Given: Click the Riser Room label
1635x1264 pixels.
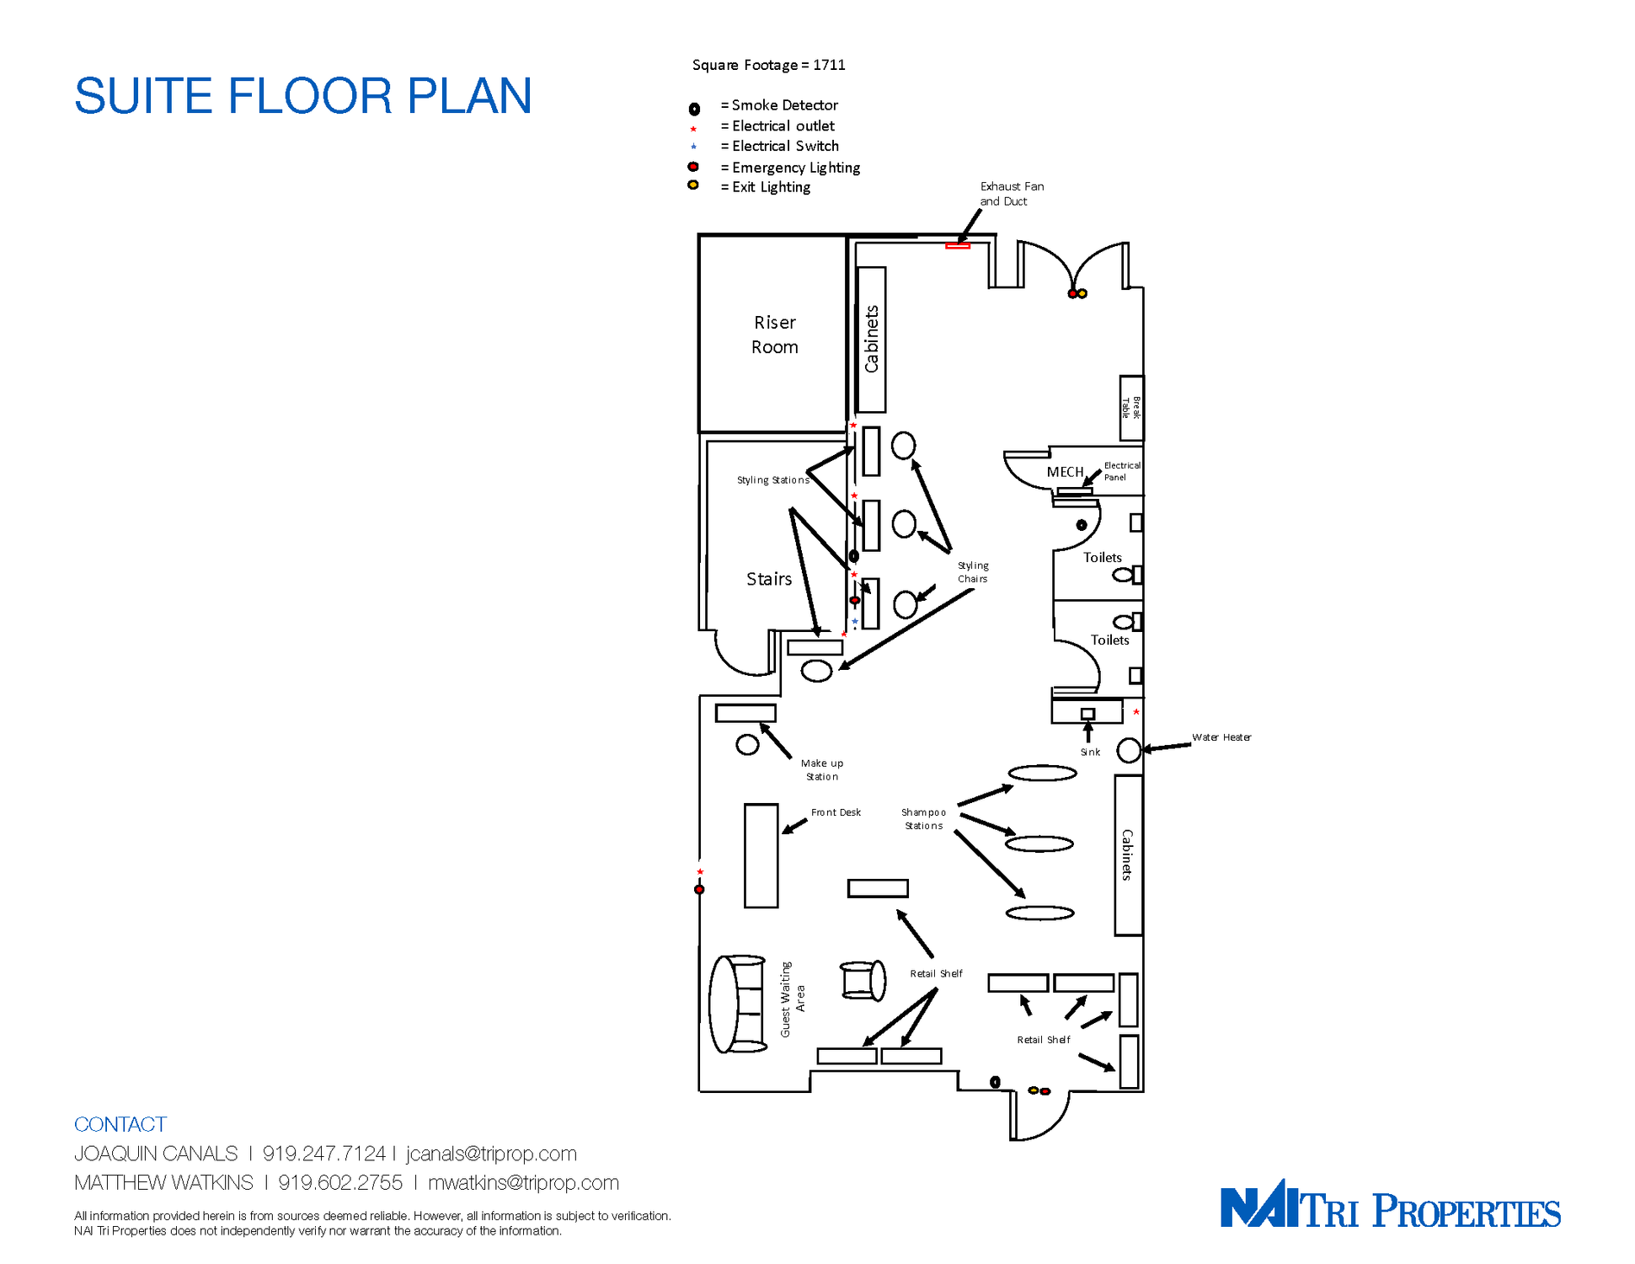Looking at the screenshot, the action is point(774,335).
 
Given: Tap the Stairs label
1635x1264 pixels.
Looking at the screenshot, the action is point(769,579).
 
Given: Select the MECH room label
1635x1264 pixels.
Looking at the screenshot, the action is point(1065,472).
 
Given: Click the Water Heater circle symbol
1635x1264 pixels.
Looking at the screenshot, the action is point(1129,750).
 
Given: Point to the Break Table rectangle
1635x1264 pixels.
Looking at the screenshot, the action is point(1131,408).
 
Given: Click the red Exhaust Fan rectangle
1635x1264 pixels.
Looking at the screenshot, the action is point(958,246).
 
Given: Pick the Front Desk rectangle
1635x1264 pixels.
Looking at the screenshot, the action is point(761,855).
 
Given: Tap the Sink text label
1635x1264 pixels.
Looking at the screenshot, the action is point(1090,753).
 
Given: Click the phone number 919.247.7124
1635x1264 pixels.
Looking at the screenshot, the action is point(323,1154).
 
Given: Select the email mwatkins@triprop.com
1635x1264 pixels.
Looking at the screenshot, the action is point(523,1183).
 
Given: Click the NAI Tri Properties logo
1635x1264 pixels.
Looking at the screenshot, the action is point(1390,1204).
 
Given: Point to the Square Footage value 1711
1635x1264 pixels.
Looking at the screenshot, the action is point(829,65).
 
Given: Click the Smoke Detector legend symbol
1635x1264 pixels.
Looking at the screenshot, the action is point(694,109).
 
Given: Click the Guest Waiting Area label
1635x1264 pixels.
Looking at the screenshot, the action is point(792,999).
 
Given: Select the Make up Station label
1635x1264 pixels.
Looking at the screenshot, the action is point(822,770).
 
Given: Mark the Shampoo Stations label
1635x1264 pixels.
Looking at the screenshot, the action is point(924,819).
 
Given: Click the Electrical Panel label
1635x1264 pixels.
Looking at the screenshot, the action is point(1122,471).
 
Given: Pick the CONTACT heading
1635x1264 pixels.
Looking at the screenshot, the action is point(120,1124).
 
